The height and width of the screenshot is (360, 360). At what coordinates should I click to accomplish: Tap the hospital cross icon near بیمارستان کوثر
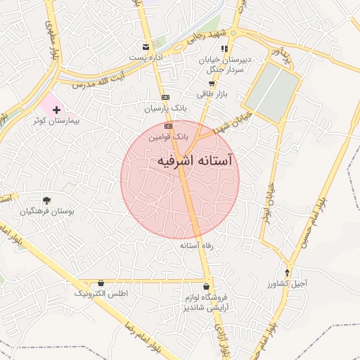(57, 110)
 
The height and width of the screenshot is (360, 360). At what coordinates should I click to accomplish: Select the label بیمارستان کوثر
(56, 121)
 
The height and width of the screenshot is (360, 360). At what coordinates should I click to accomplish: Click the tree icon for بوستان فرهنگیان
(47, 200)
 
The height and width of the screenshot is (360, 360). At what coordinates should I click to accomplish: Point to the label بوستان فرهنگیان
(46, 211)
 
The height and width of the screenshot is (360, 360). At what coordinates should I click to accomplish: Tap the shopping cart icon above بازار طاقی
(211, 83)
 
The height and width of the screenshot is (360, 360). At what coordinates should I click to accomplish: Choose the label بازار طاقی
(210, 94)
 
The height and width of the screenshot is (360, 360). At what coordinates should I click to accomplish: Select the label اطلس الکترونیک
(101, 292)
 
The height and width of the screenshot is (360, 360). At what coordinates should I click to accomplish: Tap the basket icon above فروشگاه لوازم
(205, 286)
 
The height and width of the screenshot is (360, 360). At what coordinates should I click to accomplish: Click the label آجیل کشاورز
(288, 283)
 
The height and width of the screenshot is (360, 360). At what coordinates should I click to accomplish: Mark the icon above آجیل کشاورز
(288, 271)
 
